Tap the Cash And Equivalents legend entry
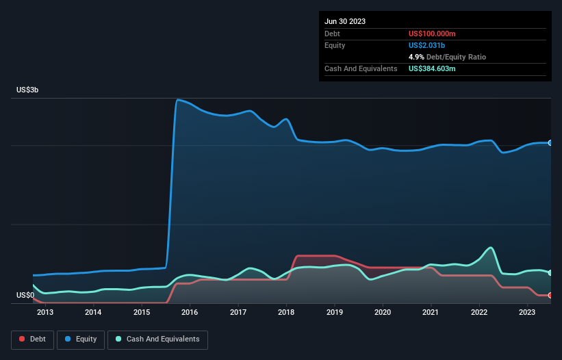point(157,339)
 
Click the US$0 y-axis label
point(25,295)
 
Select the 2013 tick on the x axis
point(45,313)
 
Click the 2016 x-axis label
point(190,313)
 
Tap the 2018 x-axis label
point(286,313)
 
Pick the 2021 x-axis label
point(431,313)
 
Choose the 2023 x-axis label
point(527,313)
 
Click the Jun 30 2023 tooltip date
point(345,21)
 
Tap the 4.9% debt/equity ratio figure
point(416,57)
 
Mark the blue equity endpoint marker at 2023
point(550,143)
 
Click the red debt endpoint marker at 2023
point(550,295)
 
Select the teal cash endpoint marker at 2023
point(550,272)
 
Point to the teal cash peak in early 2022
point(490,248)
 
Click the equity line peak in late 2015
point(178,100)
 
